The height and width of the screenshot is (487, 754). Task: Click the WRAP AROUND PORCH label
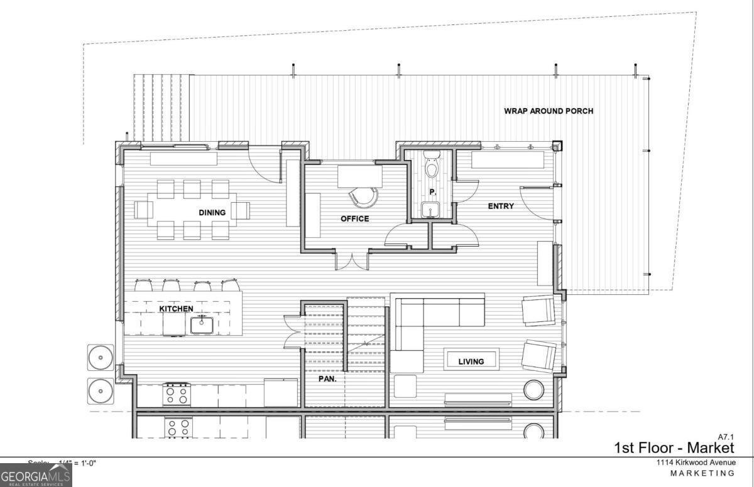548,111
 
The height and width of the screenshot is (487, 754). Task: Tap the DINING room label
212,213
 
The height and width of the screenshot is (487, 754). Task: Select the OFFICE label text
354,219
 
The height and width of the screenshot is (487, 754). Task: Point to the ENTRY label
501,206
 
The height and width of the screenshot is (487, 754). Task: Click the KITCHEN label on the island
175,309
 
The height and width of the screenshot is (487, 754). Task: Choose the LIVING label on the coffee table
471,361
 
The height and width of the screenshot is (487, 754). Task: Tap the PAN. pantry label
327,379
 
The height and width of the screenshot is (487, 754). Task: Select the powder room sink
431,209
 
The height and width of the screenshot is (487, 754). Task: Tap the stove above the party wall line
177,394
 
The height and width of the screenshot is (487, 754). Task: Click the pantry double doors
292,331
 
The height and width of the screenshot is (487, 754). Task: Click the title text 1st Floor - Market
674,447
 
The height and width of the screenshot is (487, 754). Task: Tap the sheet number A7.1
725,436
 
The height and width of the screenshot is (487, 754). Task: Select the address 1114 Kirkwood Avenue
696,463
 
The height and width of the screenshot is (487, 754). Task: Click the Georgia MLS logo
36,475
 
